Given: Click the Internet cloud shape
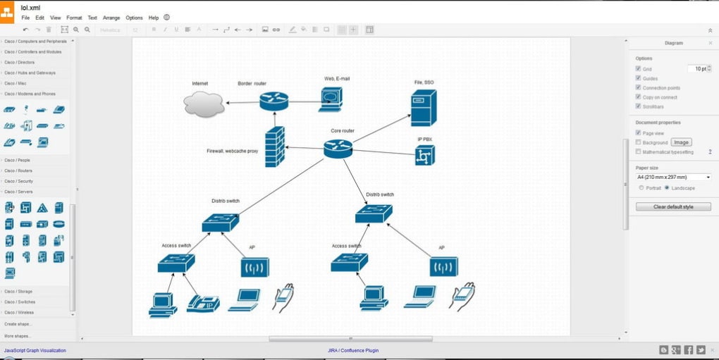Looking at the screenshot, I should tap(204, 103).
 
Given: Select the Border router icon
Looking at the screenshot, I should tap(274, 101).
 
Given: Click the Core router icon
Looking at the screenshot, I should tap(338, 148).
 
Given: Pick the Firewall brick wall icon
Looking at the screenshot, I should tap(275, 147).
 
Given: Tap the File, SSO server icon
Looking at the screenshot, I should tap(423, 108).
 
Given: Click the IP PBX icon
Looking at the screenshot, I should tap(425, 155).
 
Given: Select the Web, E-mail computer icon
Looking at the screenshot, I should tap(331, 99).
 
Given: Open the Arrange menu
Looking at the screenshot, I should tap(111, 18).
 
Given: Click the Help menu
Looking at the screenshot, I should tap(154, 18).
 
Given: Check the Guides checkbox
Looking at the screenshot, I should tap(639, 78).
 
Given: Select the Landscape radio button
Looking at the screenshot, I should tap(667, 188).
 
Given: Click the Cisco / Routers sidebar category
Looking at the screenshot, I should tap(18, 170).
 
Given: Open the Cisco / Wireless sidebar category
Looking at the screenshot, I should tap(19, 312).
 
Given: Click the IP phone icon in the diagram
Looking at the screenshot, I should tap(203, 303).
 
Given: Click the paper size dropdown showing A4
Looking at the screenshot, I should tap(673, 178).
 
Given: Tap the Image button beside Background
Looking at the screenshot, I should tap(681, 142).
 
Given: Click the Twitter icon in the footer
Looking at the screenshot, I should tap(701, 350).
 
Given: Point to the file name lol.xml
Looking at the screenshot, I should tap(30, 8).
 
